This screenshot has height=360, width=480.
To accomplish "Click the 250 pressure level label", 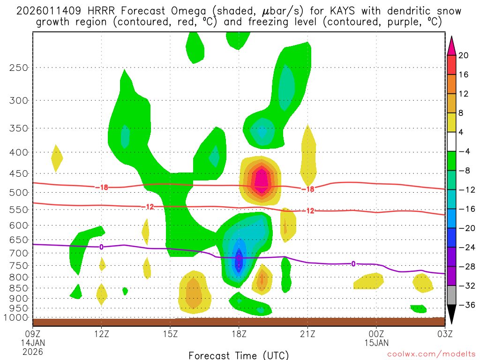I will (19, 67).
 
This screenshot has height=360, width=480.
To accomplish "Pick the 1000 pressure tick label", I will (16, 318).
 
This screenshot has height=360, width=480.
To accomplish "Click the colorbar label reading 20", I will (464, 55).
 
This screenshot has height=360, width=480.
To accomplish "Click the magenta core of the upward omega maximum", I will (260, 182).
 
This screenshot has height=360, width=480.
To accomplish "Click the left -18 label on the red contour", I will (101, 187).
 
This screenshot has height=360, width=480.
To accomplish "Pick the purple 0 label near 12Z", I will (101, 247).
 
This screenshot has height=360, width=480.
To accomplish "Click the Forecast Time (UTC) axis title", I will (239, 355).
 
